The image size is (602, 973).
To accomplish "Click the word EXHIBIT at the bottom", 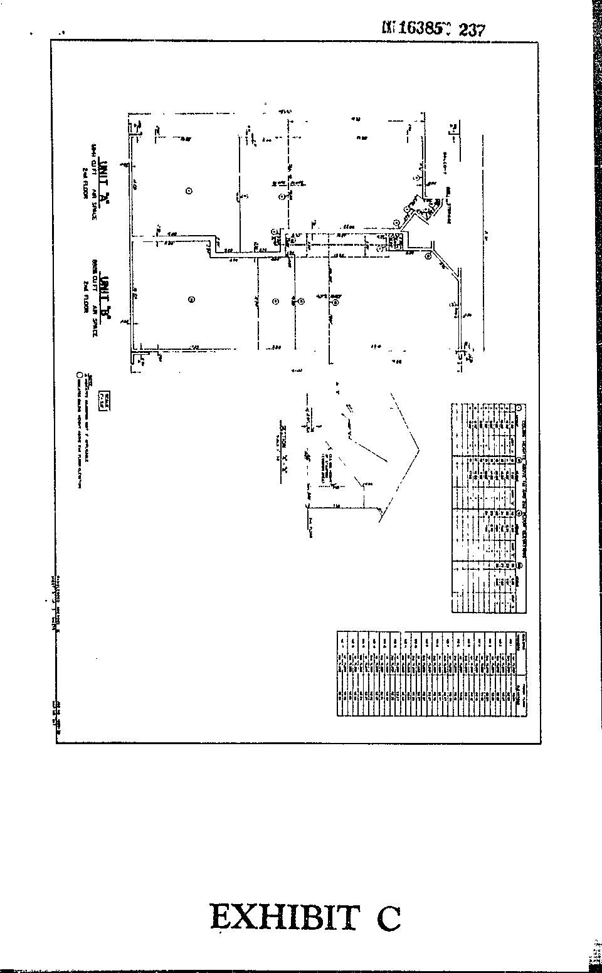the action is click(285, 917).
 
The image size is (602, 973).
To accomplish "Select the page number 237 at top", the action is click(472, 29).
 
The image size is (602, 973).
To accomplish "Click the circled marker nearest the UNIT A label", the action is click(189, 191).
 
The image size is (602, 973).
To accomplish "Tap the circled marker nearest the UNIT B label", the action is click(191, 300).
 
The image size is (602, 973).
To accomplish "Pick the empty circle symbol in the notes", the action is click(79, 376).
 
